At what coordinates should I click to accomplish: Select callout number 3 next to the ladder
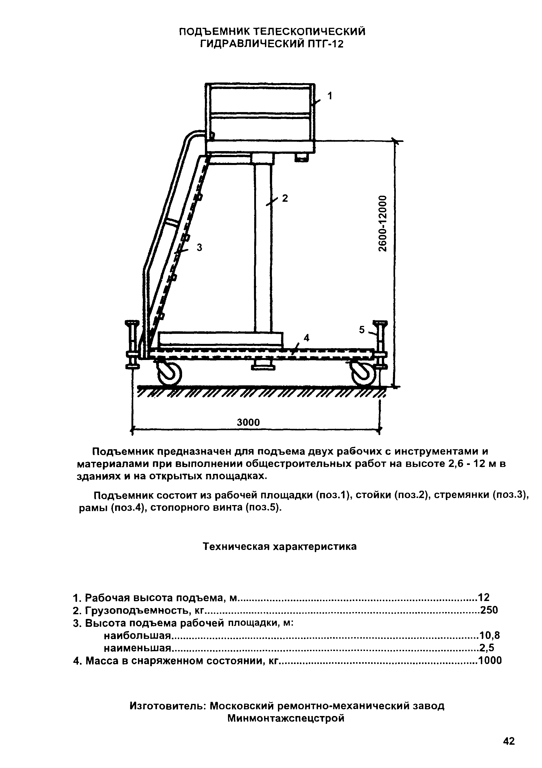click(x=200, y=247)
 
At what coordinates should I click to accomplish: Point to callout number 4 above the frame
click(x=306, y=338)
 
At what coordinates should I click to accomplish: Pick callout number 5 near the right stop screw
click(x=362, y=330)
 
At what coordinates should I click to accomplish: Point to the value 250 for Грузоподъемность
click(x=489, y=610)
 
